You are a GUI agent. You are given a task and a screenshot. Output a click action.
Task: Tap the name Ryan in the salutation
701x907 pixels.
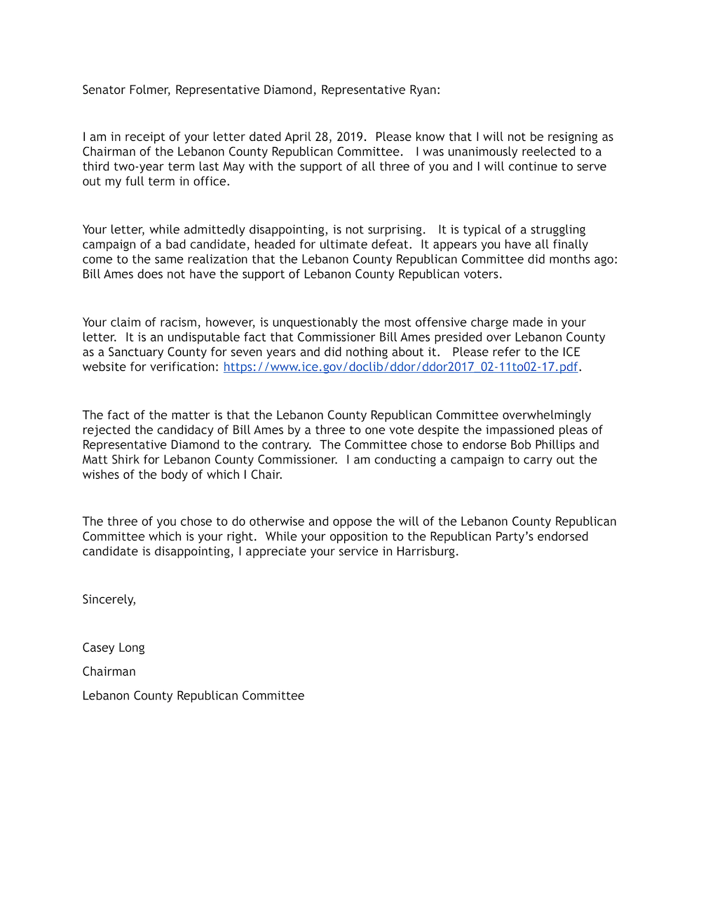(x=423, y=90)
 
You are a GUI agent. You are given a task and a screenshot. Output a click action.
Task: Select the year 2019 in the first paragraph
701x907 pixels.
(x=350, y=137)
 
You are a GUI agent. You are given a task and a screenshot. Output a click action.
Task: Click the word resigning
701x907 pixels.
(x=570, y=137)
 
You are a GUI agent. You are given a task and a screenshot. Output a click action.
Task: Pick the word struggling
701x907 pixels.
(x=558, y=230)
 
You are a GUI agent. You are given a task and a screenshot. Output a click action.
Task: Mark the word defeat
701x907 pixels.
(x=392, y=245)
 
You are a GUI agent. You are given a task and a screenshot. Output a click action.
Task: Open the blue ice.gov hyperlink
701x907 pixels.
(x=400, y=367)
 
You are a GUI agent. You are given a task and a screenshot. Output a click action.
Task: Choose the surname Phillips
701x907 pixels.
(x=554, y=444)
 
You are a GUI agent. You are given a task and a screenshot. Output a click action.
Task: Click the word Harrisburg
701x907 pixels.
(x=427, y=551)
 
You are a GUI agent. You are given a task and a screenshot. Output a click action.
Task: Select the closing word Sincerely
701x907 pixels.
(x=109, y=599)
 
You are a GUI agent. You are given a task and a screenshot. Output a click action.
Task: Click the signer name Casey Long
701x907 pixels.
(x=114, y=648)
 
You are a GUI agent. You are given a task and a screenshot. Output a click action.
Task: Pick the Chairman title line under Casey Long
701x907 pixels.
(x=109, y=671)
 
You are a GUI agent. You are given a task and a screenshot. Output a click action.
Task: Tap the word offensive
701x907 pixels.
(x=442, y=322)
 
